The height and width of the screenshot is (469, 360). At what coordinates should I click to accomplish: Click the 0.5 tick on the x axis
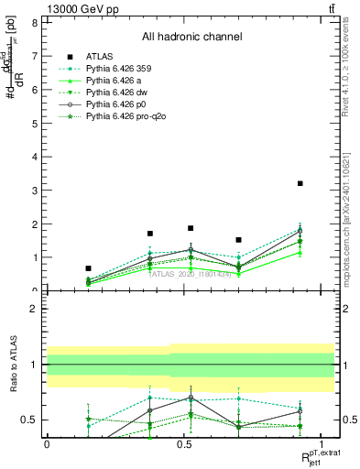[184, 443]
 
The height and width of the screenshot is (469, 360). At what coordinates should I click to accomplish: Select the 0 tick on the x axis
[47, 443]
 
